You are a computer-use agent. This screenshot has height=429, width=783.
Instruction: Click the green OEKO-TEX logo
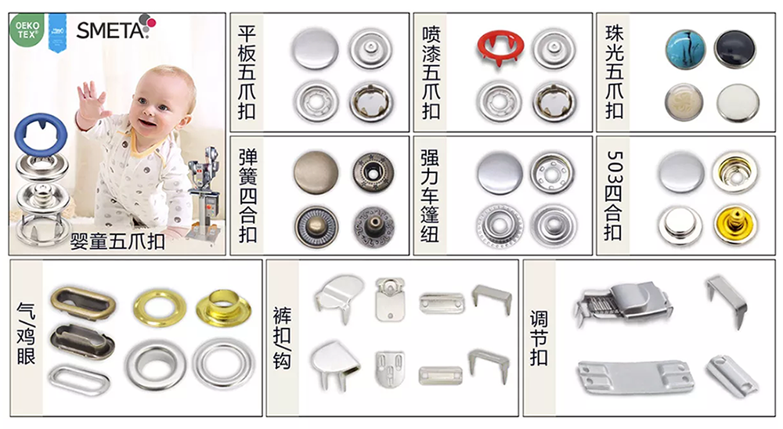point(27,30)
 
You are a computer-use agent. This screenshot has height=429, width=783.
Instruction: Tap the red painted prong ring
point(500,49)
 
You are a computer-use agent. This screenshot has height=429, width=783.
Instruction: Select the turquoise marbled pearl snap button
point(686,49)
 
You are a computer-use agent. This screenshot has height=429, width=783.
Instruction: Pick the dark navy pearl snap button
point(734,49)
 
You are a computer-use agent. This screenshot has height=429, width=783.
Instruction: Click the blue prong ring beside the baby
point(41,134)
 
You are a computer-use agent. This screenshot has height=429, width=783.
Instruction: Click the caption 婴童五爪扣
point(117,241)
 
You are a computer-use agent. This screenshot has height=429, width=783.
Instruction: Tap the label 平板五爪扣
point(247,72)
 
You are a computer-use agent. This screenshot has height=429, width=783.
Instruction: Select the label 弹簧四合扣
point(247,195)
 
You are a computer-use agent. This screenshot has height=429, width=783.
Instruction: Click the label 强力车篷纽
point(429,195)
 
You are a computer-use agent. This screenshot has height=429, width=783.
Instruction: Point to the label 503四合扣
point(613,195)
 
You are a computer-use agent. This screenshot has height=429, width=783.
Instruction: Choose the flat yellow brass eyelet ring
point(160,307)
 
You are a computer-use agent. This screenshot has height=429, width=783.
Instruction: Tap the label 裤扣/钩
point(282,338)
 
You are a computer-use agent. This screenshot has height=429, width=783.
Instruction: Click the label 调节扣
point(539,338)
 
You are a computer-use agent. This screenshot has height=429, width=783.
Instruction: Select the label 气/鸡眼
point(26,333)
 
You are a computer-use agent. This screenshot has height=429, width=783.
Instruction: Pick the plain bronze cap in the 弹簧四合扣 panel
point(316,172)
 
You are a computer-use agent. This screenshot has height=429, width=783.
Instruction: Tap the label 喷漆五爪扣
point(431,72)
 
